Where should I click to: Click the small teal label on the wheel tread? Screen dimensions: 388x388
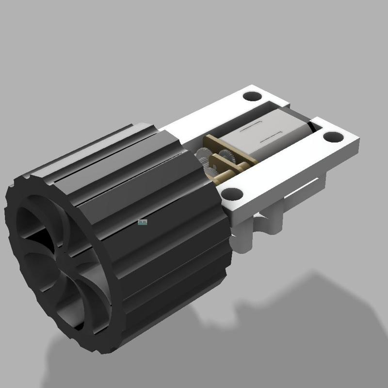(142, 223)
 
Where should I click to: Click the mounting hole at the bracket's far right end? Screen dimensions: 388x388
(333, 137)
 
